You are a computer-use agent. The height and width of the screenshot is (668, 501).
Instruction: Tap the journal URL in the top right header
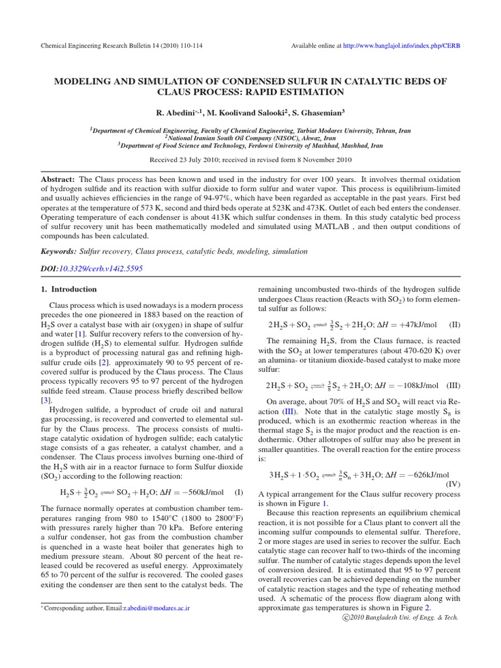point(399,45)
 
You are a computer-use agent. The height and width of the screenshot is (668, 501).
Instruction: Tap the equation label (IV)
point(453,484)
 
